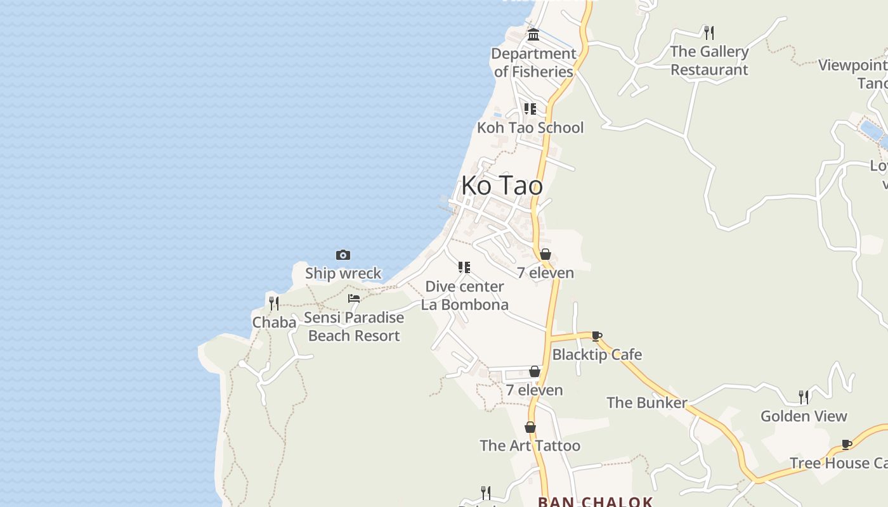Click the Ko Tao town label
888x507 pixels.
[502, 186]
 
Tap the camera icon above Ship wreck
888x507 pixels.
[343, 255]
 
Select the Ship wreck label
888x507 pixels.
[343, 273]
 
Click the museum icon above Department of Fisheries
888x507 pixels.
[533, 34]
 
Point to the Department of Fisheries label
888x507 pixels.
[533, 63]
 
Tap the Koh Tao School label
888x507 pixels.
[530, 127]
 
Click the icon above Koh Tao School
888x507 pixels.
[530, 109]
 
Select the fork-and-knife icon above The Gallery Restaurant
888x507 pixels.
[709, 32]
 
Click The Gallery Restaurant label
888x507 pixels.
[709, 60]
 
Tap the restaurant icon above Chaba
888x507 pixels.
[274, 304]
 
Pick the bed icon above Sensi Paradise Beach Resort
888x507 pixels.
[354, 298]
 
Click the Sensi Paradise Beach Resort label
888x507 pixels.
[354, 326]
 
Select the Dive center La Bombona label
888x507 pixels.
[464, 295]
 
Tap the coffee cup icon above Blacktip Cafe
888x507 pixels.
[596, 336]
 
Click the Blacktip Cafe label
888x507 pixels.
[597, 354]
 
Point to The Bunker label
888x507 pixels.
[646, 402]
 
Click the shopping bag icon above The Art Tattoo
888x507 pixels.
[530, 428]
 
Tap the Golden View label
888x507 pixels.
[804, 416]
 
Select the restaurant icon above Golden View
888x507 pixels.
[804, 397]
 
